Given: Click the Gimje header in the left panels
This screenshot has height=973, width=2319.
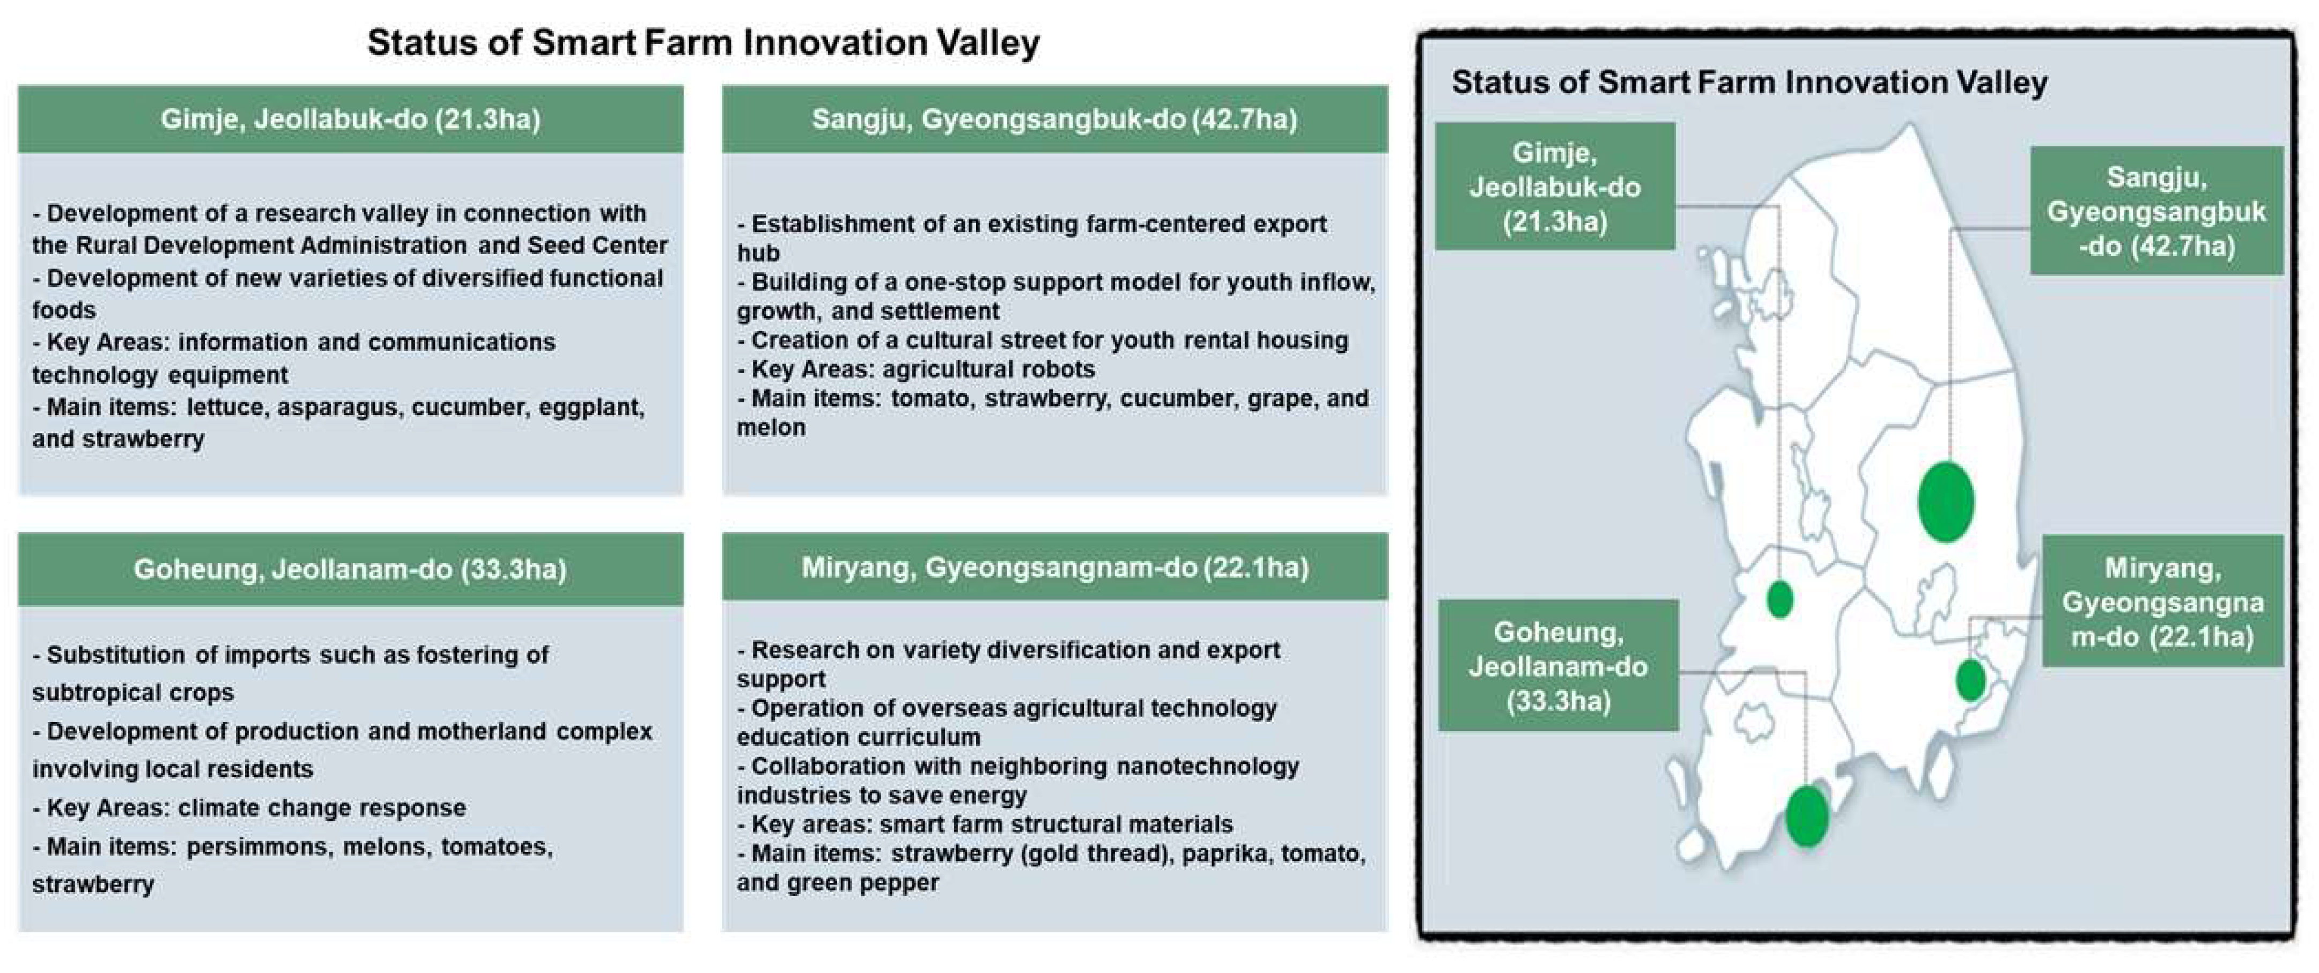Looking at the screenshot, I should pyautogui.click(x=350, y=119).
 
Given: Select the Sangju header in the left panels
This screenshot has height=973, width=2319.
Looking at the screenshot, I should pyautogui.click(x=1054, y=119).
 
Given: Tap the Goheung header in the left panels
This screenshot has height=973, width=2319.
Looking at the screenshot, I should pyautogui.click(x=350, y=569).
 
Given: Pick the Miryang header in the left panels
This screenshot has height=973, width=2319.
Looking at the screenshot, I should pyautogui.click(x=1054, y=567).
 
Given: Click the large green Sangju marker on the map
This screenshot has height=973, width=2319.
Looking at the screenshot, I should pyautogui.click(x=1945, y=501).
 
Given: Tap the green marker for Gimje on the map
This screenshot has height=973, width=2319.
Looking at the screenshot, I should pyautogui.click(x=1780, y=599).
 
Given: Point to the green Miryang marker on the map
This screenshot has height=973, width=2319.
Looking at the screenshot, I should pyautogui.click(x=1970, y=680).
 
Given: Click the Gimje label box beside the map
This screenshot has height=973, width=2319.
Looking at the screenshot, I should pyautogui.click(x=1555, y=187).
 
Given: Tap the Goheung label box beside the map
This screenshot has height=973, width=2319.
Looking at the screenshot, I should pyautogui.click(x=1559, y=666).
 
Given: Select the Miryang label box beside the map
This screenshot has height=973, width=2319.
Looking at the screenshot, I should pyautogui.click(x=2162, y=601).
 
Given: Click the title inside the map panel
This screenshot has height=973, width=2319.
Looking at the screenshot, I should pyautogui.click(x=1749, y=82).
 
